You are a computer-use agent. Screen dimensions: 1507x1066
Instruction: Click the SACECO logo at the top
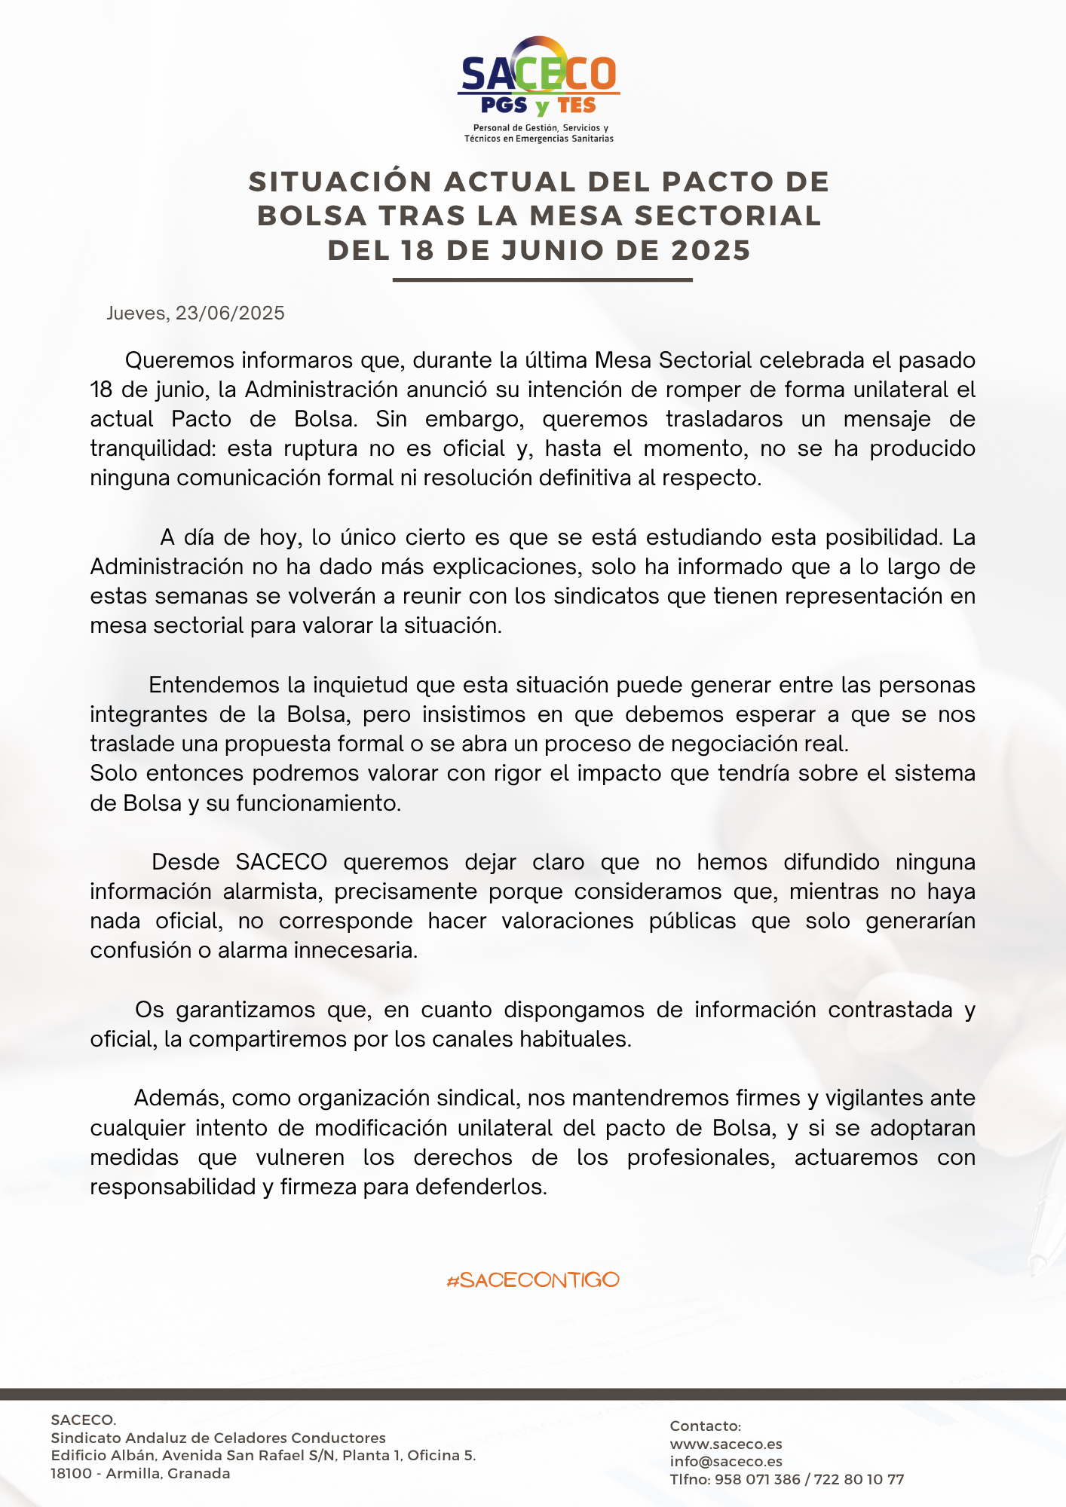[538, 75]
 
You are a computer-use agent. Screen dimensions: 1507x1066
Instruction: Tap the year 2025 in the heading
[711, 250]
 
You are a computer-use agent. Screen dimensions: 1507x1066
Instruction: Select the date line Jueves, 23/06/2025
[195, 313]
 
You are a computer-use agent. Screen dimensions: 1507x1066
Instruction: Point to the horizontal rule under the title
[542, 280]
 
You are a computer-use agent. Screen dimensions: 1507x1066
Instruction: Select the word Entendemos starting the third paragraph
[213, 685]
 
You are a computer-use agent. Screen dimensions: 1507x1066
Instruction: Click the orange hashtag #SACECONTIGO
[533, 1279]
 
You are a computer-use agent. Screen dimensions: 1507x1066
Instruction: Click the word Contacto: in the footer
[706, 1426]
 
